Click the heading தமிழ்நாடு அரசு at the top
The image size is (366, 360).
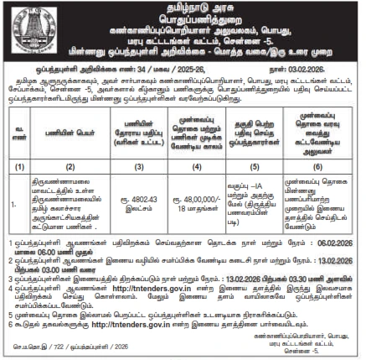click(x=183, y=7)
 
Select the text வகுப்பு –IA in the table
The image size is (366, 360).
click(x=245, y=184)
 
